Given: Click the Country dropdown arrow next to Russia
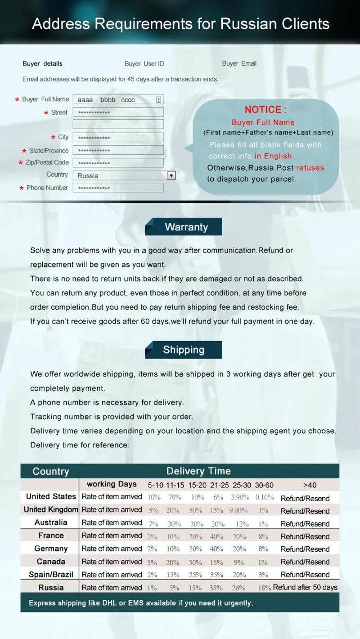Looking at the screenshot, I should pos(171,175).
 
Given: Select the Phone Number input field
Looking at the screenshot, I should pos(118,188).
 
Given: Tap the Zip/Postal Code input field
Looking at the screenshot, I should pos(118,163).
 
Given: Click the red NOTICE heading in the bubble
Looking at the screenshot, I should pos(265,109).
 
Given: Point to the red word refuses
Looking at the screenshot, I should pos(310,167).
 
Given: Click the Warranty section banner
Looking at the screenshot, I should pos(184,227).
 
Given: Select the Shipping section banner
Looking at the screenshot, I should pos(184,350).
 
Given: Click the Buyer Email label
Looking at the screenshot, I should pos(239,63).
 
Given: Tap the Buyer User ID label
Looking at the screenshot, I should pos(144,63).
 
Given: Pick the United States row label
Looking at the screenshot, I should pos(51,496).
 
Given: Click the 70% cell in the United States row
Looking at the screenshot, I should pos(175,497).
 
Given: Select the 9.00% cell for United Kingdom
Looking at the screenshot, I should pos(238,510).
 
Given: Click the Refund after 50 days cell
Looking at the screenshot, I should pos(305,587).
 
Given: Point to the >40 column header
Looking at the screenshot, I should pos(310,485).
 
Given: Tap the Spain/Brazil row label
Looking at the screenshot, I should pos(51,574).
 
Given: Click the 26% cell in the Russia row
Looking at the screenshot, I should pos(238,588).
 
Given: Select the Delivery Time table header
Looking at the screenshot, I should pos(198,471).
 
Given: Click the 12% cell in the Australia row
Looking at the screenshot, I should pos(242,524).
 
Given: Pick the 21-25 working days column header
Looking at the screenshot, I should pos(220,485).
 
